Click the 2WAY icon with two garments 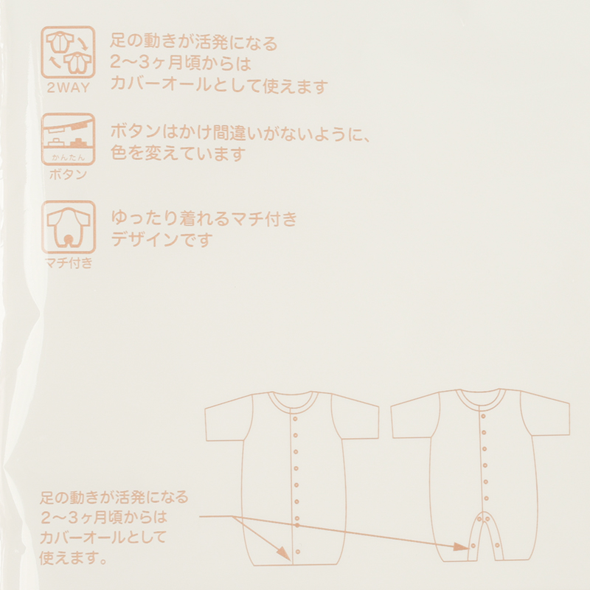pos(68,52)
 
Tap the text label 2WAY pos(69,88)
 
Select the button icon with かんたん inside pos(68,139)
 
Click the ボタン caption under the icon pos(68,174)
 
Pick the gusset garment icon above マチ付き pos(69,226)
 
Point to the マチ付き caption pos(69,263)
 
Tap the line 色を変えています pos(178,153)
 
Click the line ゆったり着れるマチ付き pos(204,218)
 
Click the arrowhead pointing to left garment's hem pos(284,552)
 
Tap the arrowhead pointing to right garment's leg pos(461,546)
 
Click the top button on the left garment pos(295,418)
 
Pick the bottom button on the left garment pos(298,552)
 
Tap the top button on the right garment pos(484,416)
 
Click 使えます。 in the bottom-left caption pos(73,558)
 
